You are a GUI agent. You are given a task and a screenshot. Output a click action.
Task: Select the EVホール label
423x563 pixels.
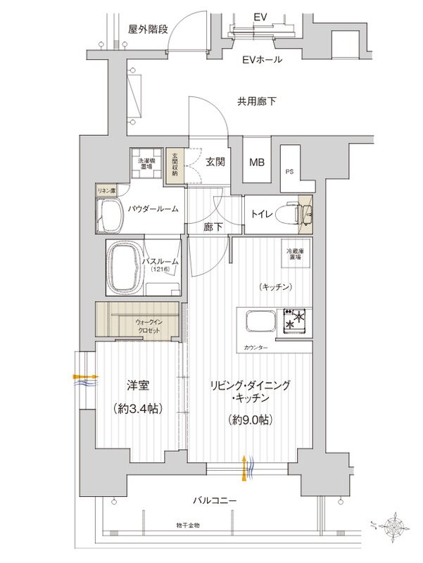[262, 60]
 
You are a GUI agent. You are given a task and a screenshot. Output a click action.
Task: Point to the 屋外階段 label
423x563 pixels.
[147, 29]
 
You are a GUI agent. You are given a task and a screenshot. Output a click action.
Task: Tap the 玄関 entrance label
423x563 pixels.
[215, 162]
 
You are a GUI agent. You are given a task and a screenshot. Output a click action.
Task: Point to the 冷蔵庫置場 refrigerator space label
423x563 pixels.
[286, 254]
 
